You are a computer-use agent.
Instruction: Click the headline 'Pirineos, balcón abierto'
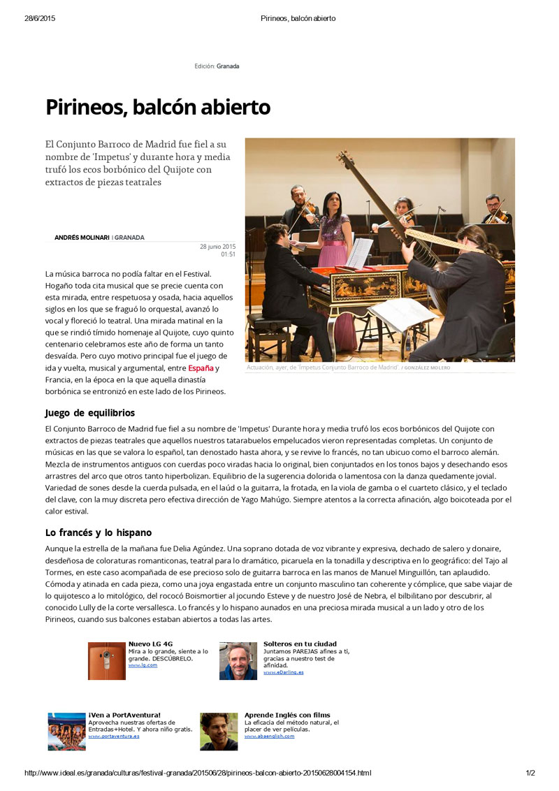coord(157,108)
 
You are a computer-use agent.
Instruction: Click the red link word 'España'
coord(201,368)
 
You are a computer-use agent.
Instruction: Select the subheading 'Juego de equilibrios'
coord(89,413)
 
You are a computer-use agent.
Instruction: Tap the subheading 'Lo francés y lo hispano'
coord(98,532)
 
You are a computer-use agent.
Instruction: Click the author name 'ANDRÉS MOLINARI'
coord(82,238)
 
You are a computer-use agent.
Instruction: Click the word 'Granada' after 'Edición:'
coord(228,66)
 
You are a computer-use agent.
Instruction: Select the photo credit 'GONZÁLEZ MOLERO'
coord(427,368)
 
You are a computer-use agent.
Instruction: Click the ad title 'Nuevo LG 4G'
coord(150,644)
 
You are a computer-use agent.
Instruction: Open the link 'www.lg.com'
coord(143,665)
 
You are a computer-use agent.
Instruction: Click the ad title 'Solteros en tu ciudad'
coord(300,644)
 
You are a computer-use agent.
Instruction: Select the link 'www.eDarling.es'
coord(283,672)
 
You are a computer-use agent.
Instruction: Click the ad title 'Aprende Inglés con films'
coord(287,715)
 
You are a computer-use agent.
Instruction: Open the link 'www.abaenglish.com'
coord(269,736)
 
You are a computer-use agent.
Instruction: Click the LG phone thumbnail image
coord(106,661)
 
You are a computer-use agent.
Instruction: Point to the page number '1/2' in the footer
coord(530,773)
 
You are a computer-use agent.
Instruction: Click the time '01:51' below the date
coord(228,254)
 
